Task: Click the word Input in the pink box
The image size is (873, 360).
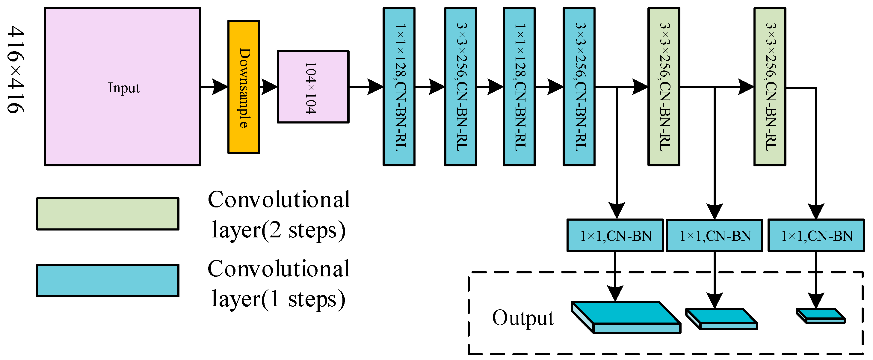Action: (124, 88)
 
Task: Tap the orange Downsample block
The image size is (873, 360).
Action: (244, 87)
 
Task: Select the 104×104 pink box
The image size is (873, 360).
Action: (313, 87)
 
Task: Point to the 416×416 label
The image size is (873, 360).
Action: (16, 70)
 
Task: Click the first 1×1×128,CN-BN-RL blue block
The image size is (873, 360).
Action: (399, 87)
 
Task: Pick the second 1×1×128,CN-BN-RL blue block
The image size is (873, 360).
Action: (519, 87)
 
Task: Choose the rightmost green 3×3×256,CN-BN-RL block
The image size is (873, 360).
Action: (770, 87)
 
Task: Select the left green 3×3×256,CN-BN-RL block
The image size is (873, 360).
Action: (664, 87)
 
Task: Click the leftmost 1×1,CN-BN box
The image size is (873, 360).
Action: (615, 236)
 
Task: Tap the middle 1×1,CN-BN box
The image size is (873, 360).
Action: (715, 236)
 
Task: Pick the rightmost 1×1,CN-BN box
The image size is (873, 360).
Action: (816, 236)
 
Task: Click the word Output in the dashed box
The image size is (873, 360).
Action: (523, 318)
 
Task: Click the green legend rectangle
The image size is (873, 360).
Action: (108, 214)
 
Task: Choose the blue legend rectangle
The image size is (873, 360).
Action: (108, 281)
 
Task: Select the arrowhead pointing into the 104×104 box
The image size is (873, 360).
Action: (269, 87)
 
